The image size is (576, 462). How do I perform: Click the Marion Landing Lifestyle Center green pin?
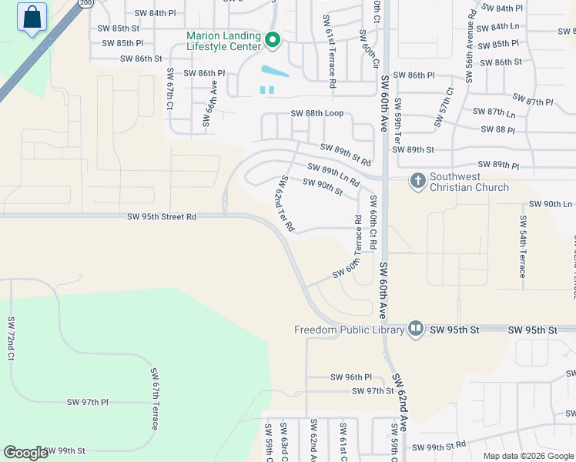(271, 39)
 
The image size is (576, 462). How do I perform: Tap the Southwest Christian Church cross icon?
(418, 181)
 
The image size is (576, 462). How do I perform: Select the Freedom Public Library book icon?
(416, 330)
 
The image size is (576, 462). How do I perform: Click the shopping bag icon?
(32, 18)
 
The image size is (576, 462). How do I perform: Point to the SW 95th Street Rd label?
(162, 217)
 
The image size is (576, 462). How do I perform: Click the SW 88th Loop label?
(321, 113)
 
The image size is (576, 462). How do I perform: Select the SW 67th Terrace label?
(154, 399)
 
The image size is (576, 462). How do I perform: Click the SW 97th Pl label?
(88, 403)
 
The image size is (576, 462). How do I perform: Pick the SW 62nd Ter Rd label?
(284, 204)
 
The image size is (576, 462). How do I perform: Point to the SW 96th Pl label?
(351, 377)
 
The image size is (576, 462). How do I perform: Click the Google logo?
(25, 453)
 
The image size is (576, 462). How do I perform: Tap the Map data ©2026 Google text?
(527, 456)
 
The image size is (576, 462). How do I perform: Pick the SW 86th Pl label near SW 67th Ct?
(204, 74)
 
